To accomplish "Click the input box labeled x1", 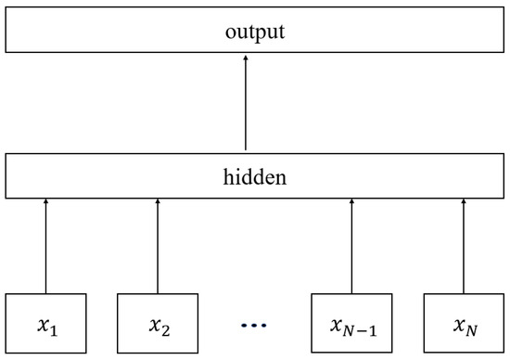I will [x=45, y=324].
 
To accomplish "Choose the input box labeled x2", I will [x=158, y=324].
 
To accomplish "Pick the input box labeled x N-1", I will [x=351, y=324].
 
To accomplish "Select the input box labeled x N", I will [x=463, y=324].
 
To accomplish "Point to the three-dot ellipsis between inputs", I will [x=254, y=326].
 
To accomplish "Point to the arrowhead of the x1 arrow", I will [x=45, y=202].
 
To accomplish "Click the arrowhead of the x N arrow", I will [x=463, y=202].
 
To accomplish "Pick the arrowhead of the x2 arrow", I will [x=158, y=202].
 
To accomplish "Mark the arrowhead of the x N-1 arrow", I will [x=351, y=202].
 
